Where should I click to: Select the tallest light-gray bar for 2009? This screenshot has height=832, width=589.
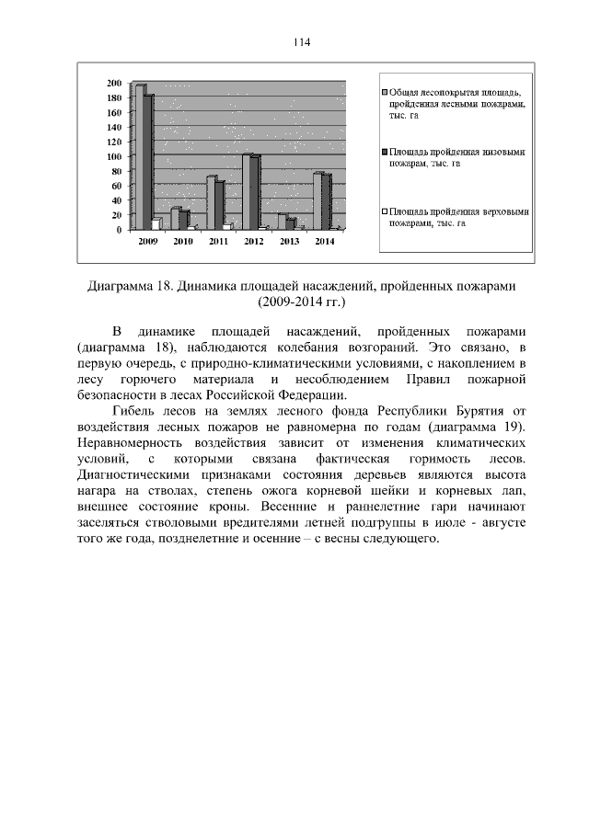click(140, 156)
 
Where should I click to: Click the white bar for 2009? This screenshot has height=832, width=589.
click(156, 223)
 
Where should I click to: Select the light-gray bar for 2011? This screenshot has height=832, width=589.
click(211, 202)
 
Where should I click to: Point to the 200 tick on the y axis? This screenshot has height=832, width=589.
click(115, 84)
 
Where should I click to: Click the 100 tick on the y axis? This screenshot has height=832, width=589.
click(115, 156)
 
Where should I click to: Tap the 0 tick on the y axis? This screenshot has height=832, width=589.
click(120, 230)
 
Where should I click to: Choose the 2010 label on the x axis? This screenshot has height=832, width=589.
click(183, 241)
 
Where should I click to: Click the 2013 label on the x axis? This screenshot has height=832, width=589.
click(289, 241)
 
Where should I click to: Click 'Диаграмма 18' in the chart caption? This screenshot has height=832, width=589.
click(130, 286)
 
